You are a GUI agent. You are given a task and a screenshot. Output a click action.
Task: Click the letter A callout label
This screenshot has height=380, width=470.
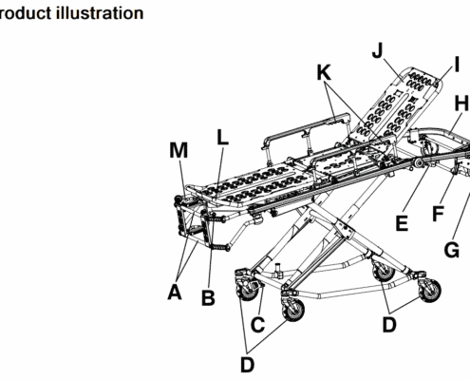175,292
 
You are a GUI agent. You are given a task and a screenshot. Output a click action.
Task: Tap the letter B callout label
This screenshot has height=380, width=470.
208,297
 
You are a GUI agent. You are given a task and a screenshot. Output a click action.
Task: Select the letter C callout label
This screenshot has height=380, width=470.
257,325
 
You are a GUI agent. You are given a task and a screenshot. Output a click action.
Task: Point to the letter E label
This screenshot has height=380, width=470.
402,223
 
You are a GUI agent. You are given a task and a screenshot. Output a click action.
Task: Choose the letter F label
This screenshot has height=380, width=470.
439,214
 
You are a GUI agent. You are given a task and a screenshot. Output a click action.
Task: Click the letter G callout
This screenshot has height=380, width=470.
452,250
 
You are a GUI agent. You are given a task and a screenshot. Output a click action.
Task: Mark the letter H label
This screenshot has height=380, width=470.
461,104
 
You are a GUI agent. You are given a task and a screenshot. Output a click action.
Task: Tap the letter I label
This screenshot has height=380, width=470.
457,65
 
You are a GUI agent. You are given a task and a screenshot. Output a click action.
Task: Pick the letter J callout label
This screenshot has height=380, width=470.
378,50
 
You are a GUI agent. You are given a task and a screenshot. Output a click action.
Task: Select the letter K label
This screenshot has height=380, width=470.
324,72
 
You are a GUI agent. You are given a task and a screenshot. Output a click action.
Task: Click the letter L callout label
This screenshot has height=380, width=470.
222,138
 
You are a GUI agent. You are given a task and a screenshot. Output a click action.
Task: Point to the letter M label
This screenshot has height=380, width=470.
179,150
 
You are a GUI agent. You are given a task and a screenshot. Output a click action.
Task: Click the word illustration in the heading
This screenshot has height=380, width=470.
100,13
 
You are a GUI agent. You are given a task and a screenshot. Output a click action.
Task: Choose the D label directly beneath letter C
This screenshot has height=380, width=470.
247,365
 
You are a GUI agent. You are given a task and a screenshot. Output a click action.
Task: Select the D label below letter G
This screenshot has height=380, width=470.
389,325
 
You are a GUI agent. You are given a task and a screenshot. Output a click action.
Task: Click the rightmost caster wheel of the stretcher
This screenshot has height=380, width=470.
430,291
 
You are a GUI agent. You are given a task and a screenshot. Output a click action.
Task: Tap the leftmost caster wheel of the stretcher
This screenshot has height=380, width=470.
248,289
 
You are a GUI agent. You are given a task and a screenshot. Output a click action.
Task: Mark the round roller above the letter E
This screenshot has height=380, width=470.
420,162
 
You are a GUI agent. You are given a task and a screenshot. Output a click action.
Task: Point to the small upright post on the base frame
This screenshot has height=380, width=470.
278,270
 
